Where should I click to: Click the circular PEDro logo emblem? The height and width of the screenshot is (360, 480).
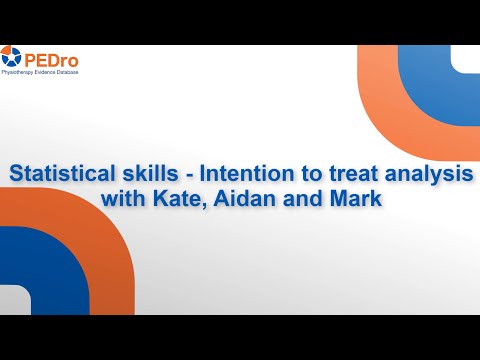[12, 57]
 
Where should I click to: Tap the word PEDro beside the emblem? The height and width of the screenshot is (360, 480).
[52, 57]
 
